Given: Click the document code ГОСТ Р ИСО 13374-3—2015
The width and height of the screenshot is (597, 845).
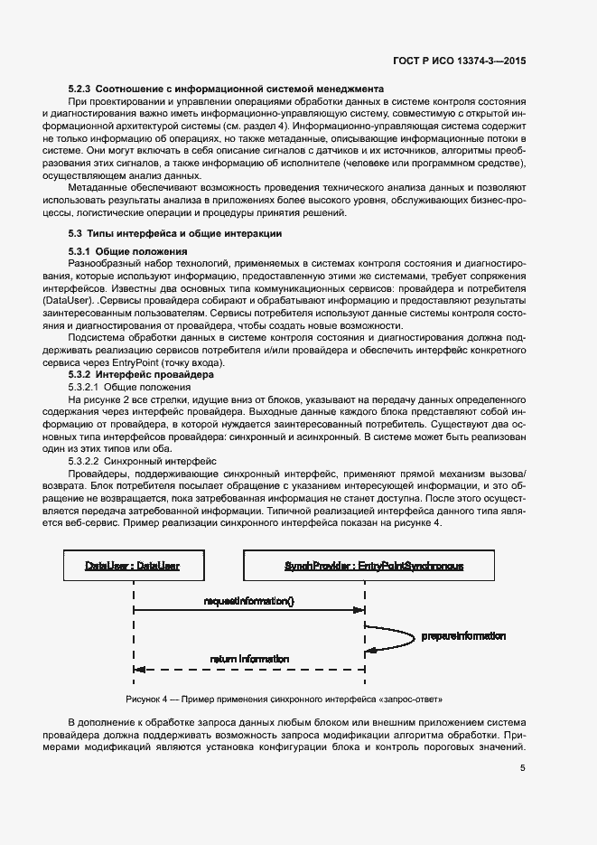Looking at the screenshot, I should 461,60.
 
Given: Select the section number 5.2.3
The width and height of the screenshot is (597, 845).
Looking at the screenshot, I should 79,89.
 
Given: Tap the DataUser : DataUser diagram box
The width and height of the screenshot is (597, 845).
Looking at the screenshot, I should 133,566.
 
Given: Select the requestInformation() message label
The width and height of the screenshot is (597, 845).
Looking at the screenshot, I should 249,600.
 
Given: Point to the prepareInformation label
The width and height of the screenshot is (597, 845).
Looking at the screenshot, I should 462,636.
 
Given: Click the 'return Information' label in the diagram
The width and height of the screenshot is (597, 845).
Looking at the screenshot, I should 249,659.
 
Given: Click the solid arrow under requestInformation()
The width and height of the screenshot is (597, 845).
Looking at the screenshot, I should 249,612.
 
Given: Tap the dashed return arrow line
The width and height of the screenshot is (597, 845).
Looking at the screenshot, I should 249,670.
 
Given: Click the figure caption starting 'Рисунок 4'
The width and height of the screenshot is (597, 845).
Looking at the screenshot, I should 285,700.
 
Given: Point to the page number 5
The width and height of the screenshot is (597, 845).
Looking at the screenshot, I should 522,768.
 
